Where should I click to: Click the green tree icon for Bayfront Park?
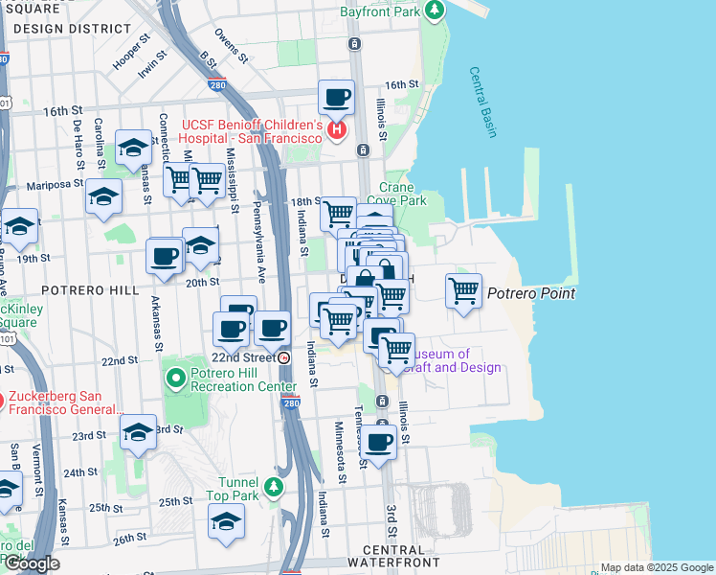pyautogui.click(x=436, y=11)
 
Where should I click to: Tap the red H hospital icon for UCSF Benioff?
pyautogui.click(x=336, y=130)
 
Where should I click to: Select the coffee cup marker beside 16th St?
pyautogui.click(x=336, y=98)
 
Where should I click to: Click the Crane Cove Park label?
pyautogui.click(x=403, y=195)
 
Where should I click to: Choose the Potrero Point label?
pyautogui.click(x=531, y=293)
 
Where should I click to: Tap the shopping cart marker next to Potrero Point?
pyautogui.click(x=464, y=290)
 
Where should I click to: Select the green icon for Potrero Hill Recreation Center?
pyautogui.click(x=174, y=379)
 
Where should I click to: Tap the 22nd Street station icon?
pyautogui.click(x=284, y=357)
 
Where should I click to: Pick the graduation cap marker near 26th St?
pyautogui.click(x=226, y=521)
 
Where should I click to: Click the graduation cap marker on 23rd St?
pyautogui.click(x=138, y=432)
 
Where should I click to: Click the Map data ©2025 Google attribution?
pyautogui.click(x=656, y=567)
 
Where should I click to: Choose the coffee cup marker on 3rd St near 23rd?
pyautogui.click(x=379, y=442)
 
